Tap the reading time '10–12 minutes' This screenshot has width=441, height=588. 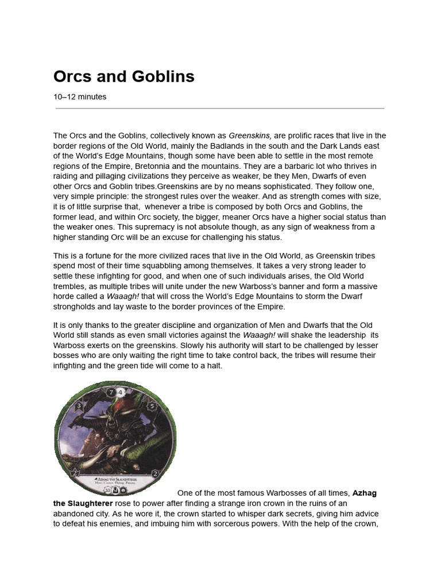tap(80, 97)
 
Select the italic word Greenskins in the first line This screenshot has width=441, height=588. tap(250, 136)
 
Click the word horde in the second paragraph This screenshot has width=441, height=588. tap(64, 296)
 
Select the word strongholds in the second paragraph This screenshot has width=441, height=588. tap(75, 306)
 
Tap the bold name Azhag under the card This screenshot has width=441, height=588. tap(365, 493)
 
